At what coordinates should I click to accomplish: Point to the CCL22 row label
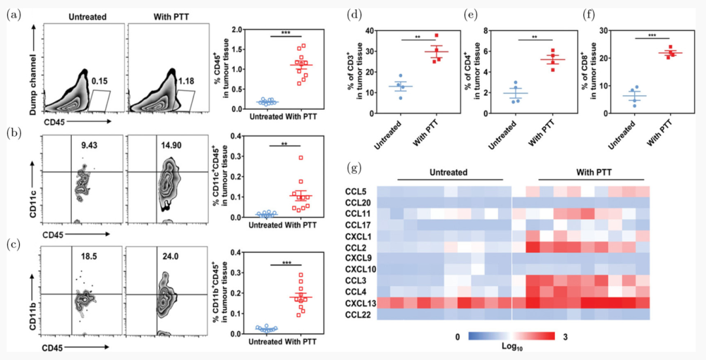point(358,315)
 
